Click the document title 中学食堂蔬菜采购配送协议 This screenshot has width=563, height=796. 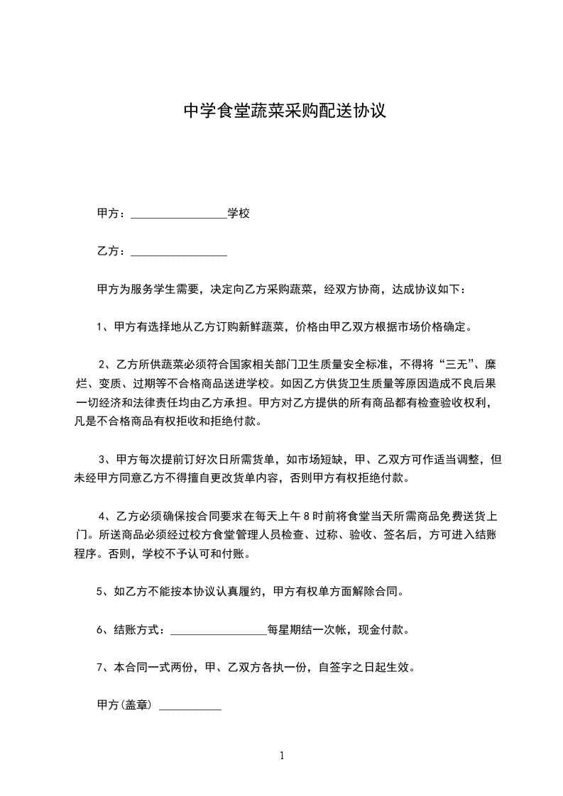pyautogui.click(x=285, y=111)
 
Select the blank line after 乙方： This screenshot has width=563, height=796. pyautogui.click(x=179, y=253)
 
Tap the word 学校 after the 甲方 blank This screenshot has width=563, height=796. pyautogui.click(x=239, y=214)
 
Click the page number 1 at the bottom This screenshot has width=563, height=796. pyautogui.click(x=282, y=756)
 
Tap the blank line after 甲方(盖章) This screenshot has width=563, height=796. pyautogui.click(x=190, y=707)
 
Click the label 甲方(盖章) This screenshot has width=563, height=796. pyautogui.click(x=124, y=705)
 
